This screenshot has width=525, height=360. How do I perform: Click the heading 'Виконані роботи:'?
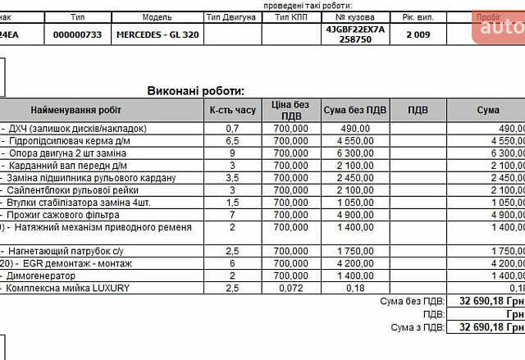pyautogui.click(x=196, y=91)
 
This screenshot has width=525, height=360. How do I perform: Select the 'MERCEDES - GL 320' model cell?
pyautogui.click(x=157, y=34)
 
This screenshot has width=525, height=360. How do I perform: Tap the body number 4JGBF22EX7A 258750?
pyautogui.click(x=355, y=34)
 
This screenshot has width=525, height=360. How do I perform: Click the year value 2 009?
pyautogui.click(x=419, y=34)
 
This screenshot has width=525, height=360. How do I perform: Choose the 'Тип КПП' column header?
pyautogui.click(x=293, y=16)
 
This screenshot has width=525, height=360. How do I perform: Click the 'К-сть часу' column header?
pyautogui.click(x=232, y=110)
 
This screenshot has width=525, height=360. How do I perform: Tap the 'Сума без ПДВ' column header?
pyautogui.click(x=355, y=110)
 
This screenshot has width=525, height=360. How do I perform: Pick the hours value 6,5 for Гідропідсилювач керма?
pyautogui.click(x=232, y=140)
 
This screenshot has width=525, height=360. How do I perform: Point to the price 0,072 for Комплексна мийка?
pyautogui.click(x=291, y=288)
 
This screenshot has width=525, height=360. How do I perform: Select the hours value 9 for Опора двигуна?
pyautogui.click(x=232, y=153)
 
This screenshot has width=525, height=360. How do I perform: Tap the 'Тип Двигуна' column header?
pyautogui.click(x=232, y=16)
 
